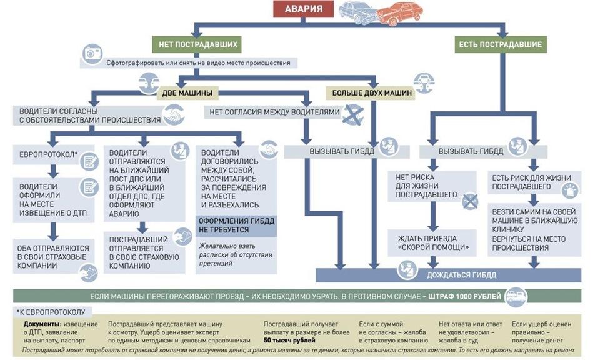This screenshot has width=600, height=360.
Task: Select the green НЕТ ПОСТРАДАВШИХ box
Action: [x=196, y=44]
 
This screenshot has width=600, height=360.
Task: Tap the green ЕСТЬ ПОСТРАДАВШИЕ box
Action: [x=500, y=44]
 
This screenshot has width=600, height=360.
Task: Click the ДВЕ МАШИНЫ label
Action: [x=187, y=93]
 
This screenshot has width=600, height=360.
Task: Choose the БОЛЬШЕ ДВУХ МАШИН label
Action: [x=372, y=93]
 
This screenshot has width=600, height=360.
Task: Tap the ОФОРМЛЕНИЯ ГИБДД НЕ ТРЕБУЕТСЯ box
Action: [x=236, y=226]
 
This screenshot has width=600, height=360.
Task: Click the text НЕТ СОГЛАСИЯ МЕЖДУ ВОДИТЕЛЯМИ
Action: [x=275, y=112]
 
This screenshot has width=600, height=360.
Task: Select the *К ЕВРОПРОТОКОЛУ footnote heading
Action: [x=53, y=311]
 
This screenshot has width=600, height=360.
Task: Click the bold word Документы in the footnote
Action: [x=42, y=324]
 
